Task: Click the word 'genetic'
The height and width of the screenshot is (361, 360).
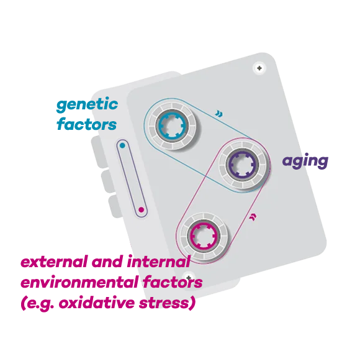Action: pyautogui.click(x=87, y=105)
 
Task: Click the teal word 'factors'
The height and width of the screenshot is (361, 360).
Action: pyautogui.click(x=86, y=124)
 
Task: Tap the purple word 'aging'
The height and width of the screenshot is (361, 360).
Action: pyautogui.click(x=305, y=161)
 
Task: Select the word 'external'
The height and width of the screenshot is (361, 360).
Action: pyautogui.click(x=54, y=262)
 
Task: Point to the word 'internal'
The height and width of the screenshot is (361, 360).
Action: pyautogui.click(x=158, y=262)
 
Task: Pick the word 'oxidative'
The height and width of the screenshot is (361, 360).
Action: pyautogui.click(x=97, y=303)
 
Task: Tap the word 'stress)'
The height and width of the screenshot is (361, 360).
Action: pyautogui.click(x=167, y=303)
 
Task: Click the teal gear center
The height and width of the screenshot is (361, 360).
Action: pyautogui.click(x=172, y=126)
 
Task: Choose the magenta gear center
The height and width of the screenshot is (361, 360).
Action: pyautogui.click(x=204, y=236)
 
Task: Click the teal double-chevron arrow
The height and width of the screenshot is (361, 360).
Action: pyautogui.click(x=218, y=114)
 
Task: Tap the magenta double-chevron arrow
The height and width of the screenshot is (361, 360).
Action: pyautogui.click(x=253, y=217)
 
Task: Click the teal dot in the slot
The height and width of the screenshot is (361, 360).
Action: pyautogui.click(x=122, y=145)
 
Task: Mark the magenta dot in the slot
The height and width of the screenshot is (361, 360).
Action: pyautogui.click(x=142, y=210)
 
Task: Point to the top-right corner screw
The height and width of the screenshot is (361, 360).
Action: pyautogui.click(x=259, y=68)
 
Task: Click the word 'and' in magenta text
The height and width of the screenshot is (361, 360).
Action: pyautogui.click(x=107, y=262)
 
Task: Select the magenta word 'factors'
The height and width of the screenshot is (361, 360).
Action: pyautogui.click(x=173, y=282)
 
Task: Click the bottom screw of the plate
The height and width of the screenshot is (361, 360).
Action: pyautogui.click(x=189, y=277)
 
